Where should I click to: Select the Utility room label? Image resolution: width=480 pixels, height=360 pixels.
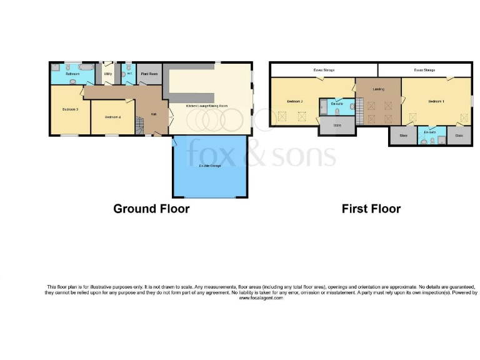coord(107,74)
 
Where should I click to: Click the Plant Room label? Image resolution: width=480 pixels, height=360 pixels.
coord(149,74)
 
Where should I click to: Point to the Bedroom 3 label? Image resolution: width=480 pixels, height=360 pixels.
coord(69,109)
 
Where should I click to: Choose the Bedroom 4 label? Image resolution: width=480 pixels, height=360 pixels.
coord(112,117)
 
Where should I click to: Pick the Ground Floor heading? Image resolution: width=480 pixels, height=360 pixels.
coord(151,209)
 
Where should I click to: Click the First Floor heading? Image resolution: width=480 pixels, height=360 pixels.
coord(371,209)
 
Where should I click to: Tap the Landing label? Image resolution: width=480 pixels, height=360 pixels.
coord(378,89)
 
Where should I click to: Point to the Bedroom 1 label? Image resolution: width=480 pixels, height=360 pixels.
coord(436,101)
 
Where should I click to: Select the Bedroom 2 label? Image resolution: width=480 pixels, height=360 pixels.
coord(294,101)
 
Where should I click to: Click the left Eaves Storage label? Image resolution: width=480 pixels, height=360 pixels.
coord(323,70)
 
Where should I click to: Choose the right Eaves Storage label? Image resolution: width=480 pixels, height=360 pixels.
coord(424,70)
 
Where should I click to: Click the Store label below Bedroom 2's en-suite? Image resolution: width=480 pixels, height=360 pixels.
coord(337,126)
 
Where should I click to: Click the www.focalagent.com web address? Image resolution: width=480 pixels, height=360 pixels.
coord(261,298)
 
